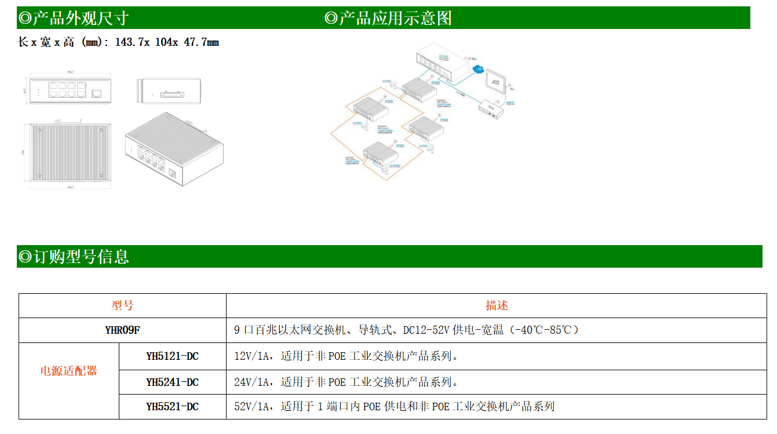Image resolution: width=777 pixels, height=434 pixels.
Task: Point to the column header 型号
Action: pos(122,305)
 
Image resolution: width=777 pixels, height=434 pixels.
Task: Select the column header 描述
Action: pos(497,305)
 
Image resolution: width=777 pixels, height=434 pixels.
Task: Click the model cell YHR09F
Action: pos(122,330)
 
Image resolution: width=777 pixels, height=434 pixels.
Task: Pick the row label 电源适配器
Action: pos(69,371)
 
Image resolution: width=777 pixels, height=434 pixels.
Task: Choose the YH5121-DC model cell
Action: pos(172,356)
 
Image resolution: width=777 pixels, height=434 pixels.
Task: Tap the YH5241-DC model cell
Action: pos(172,382)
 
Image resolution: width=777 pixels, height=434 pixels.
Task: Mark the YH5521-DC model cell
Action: pos(172,407)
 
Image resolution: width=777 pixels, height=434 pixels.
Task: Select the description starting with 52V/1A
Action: pos(394,407)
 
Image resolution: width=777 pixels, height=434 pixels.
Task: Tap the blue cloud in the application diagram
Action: pos(479,70)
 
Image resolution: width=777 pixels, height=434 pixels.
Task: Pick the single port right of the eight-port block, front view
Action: pos(97,93)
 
